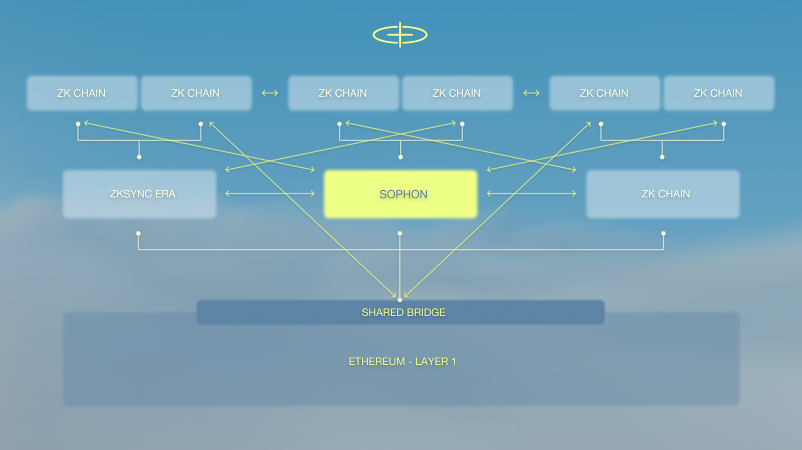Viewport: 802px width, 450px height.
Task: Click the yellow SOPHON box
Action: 400,194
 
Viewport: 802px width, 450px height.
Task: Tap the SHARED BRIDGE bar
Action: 400,313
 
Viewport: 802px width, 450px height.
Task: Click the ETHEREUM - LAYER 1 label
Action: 402,361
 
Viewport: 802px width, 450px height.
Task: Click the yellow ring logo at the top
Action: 400,35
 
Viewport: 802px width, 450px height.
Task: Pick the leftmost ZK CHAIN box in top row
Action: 82,93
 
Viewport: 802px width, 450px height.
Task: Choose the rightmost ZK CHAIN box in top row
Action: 719,93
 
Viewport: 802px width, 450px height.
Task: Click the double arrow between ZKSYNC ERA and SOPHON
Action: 270,194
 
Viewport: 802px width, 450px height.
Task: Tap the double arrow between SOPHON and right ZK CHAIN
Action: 531,194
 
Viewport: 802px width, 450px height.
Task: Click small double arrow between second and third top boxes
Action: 270,93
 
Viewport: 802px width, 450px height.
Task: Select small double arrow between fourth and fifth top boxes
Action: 531,93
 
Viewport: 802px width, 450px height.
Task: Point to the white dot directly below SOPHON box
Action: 399,233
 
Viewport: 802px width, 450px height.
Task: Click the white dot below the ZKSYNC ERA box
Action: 138,233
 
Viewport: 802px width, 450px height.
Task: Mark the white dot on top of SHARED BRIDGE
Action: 399,300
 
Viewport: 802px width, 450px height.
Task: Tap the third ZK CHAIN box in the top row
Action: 343,93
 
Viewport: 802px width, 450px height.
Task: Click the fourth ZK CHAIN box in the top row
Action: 457,93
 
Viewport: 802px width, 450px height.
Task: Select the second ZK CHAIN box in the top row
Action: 196,93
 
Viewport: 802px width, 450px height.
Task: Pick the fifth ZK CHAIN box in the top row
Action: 605,93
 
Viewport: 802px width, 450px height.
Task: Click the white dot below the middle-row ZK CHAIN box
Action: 663,233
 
